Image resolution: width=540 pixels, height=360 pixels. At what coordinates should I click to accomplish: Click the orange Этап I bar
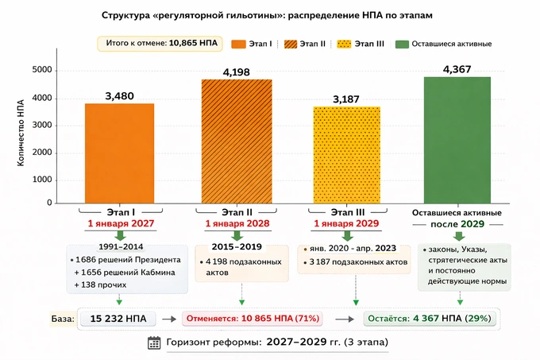tap(120, 153)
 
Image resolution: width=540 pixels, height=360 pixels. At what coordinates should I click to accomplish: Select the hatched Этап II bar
tap(237, 141)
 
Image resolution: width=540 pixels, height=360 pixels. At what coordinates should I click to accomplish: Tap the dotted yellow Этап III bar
tap(347, 154)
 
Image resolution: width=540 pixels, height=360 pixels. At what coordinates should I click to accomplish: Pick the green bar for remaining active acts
tap(457, 139)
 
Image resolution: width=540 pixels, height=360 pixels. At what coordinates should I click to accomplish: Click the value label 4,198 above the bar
tap(237, 72)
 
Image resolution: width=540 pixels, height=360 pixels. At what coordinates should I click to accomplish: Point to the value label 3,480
tap(120, 96)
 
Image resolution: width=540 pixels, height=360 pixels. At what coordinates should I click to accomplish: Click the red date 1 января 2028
tap(237, 224)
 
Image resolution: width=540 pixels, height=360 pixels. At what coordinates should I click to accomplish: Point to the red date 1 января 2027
tap(120, 224)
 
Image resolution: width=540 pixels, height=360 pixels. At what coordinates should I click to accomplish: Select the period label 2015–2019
tap(237, 246)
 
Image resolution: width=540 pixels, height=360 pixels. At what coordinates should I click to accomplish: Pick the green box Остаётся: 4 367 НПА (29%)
tap(429, 319)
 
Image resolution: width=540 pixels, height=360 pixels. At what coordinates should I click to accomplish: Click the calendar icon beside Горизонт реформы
tap(155, 343)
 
